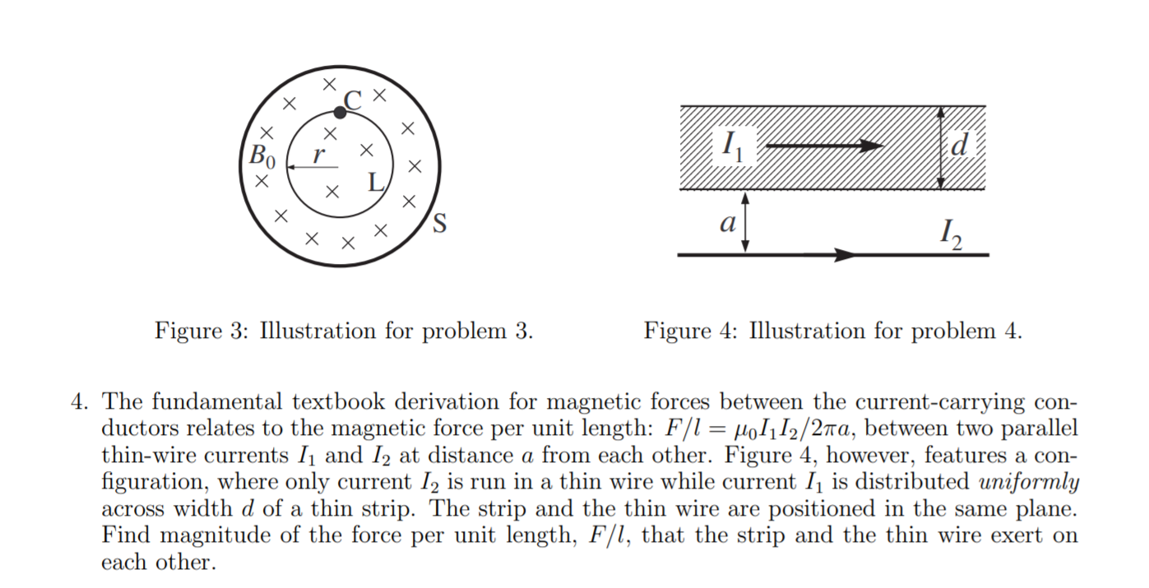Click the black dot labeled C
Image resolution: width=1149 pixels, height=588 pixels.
click(x=340, y=113)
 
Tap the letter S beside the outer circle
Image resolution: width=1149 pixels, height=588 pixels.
click(x=440, y=223)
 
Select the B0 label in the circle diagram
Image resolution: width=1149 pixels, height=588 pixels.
click(x=264, y=154)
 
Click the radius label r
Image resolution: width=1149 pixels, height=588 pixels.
click(x=319, y=152)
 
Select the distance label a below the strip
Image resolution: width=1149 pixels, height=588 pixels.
click(x=726, y=223)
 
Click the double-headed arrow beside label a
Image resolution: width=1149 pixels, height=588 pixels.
click(x=745, y=221)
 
